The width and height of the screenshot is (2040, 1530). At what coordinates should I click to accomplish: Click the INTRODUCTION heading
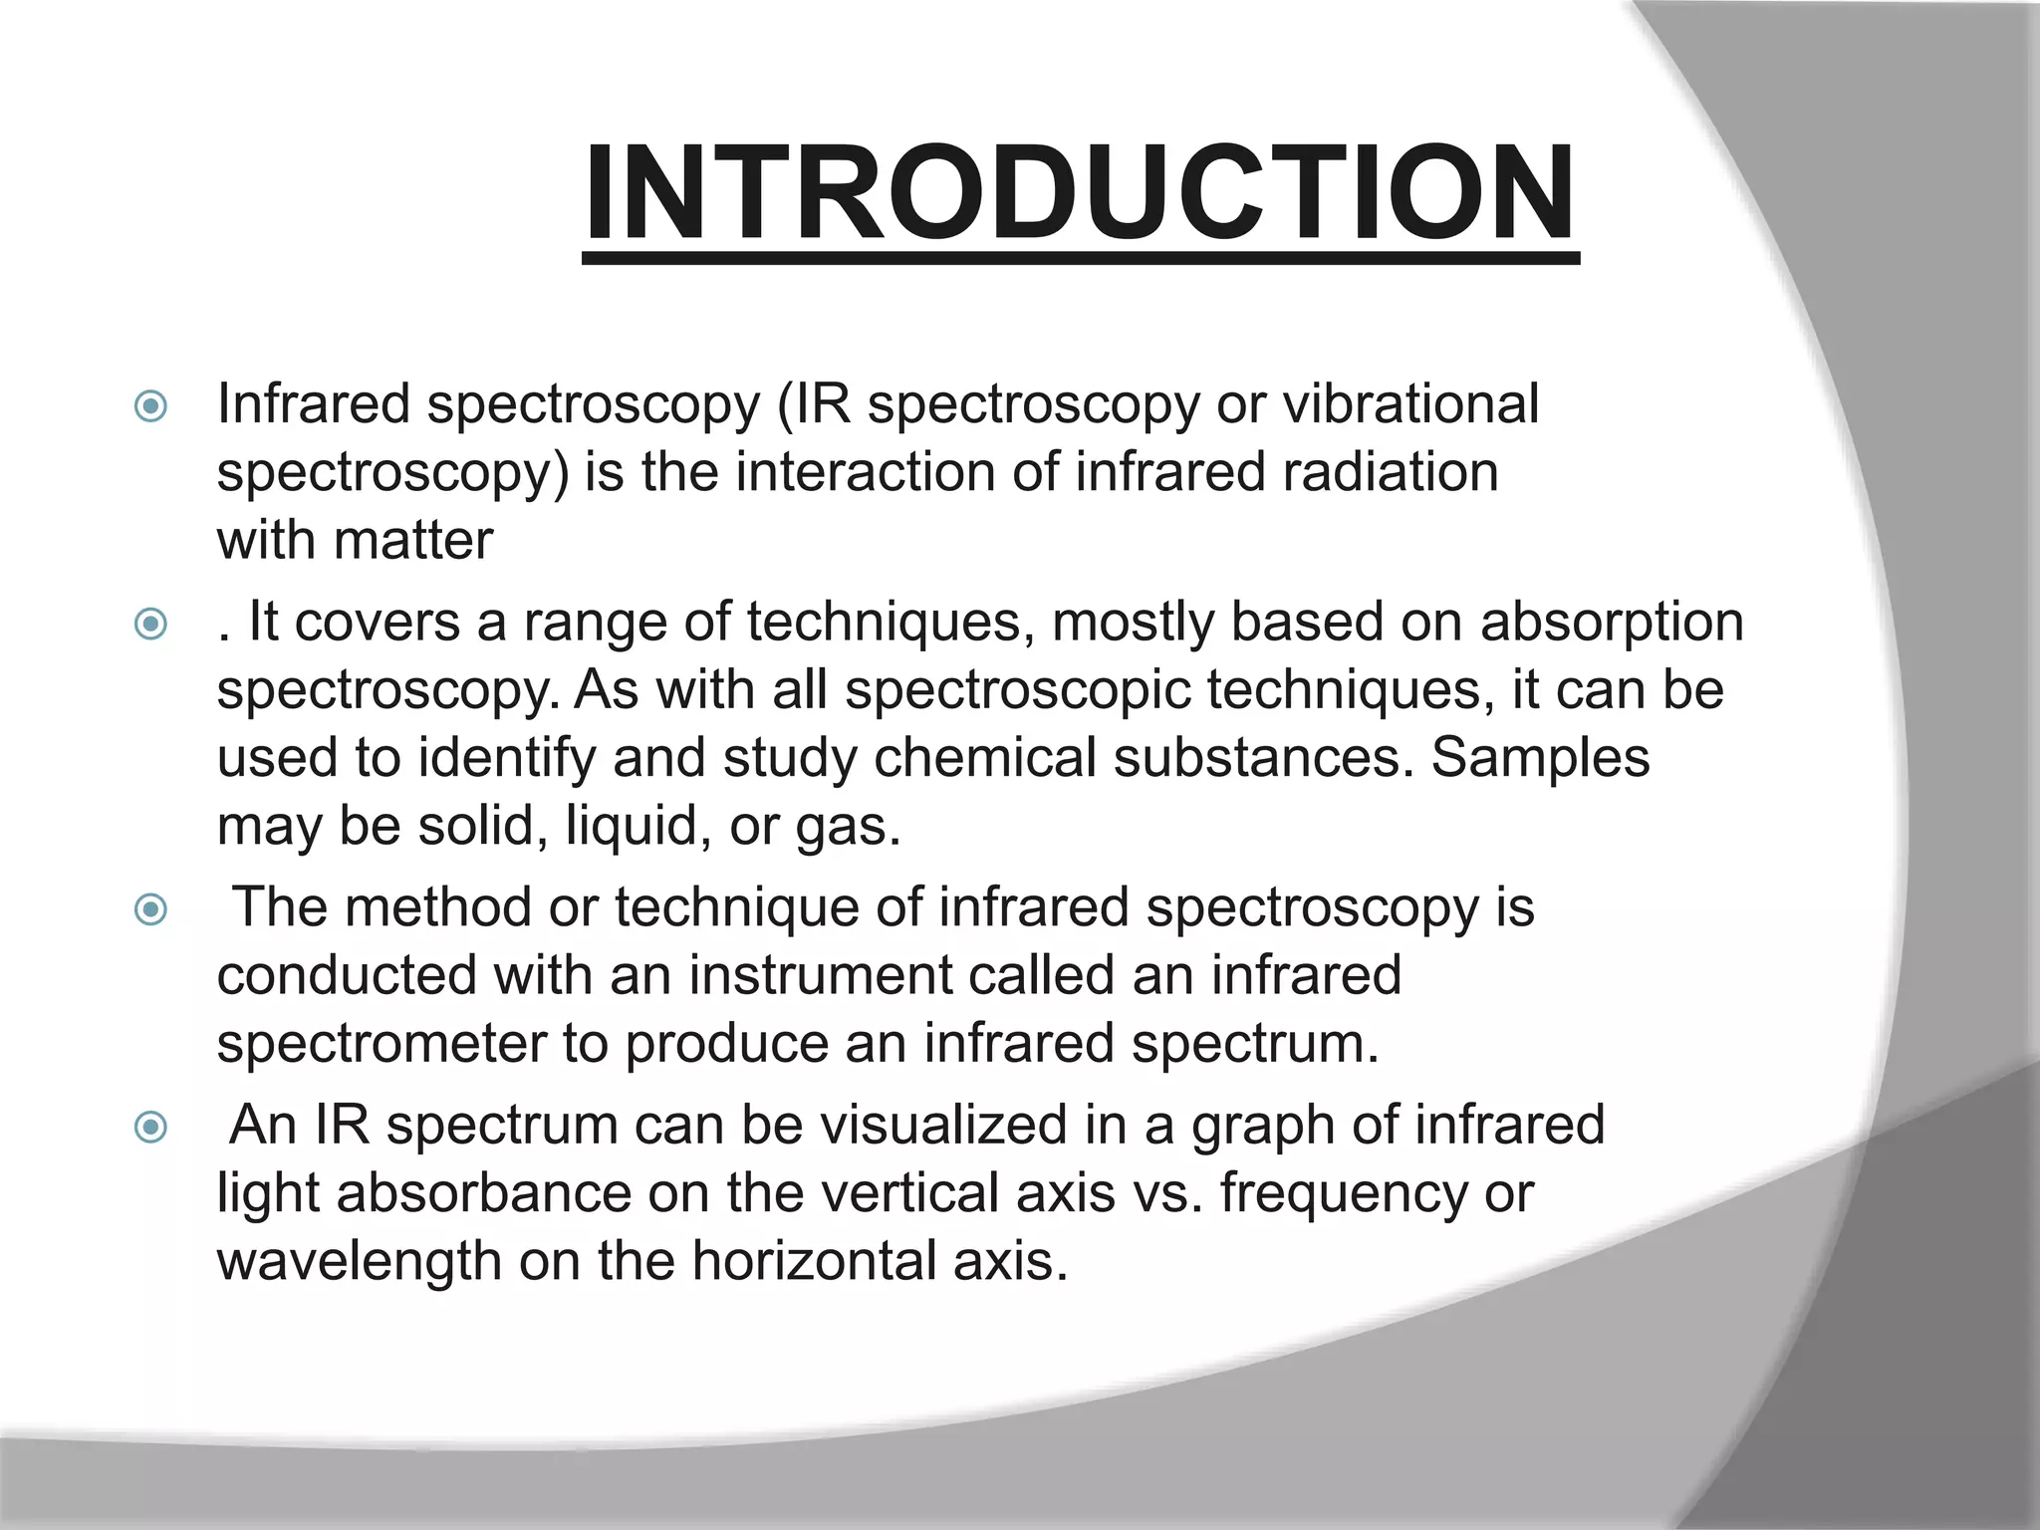click(1080, 193)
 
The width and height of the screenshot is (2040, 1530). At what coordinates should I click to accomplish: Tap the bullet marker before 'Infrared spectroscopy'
click(150, 406)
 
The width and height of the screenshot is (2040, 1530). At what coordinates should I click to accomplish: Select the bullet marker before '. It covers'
click(150, 625)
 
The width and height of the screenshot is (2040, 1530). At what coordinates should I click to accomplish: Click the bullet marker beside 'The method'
click(150, 909)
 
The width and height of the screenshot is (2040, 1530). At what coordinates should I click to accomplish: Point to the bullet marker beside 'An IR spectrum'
click(150, 1128)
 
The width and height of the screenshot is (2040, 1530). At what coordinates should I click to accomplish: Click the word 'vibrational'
click(1410, 404)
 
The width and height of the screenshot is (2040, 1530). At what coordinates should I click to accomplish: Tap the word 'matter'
click(413, 541)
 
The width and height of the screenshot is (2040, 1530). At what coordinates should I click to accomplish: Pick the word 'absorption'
click(1612, 623)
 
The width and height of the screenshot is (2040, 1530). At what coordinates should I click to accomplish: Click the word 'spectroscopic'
click(1018, 691)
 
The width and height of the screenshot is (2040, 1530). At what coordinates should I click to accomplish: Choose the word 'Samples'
click(1540, 758)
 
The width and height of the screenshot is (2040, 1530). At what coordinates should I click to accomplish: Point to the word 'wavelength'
click(360, 1262)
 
